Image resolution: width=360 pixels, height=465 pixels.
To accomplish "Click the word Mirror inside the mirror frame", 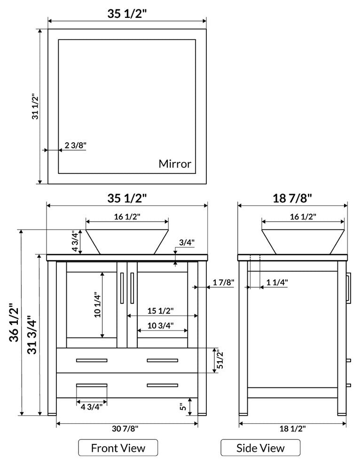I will pos(175,164).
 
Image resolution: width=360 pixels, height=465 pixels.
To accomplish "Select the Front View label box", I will pos(118,448).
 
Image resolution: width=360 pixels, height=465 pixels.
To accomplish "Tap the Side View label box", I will pos(260,448).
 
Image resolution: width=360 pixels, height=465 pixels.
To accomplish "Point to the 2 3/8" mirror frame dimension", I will pos(76,146).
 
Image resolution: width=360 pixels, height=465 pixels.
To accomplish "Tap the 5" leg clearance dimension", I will pos(182,406).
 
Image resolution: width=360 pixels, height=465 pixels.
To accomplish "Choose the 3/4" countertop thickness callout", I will pos(187,242).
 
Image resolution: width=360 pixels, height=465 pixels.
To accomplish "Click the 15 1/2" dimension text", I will pos(160,310).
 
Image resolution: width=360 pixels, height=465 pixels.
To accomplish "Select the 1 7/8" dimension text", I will pos(223,282).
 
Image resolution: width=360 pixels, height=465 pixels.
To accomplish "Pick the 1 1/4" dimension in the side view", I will pos(277,282).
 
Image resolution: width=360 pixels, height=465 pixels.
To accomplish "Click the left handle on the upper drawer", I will pos(92,360).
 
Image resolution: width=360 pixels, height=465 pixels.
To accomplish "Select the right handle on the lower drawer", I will pos(162,385).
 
